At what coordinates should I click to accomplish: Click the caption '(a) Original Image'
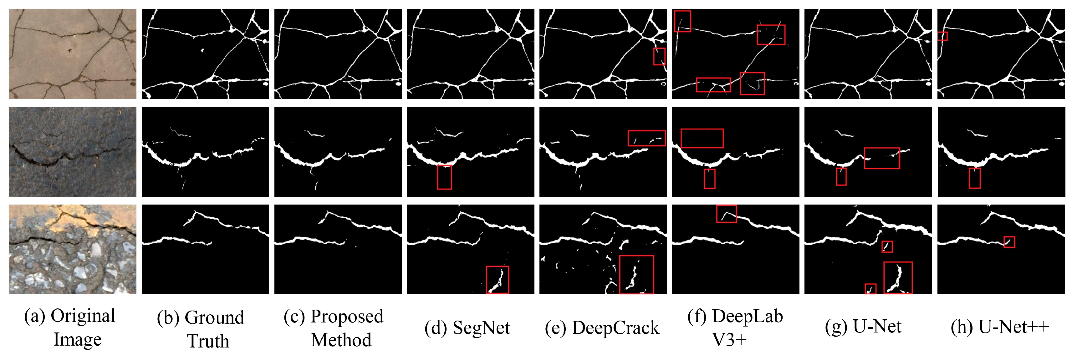70,327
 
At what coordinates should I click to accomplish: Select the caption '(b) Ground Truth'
201,329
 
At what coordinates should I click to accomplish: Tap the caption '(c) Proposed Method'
334,328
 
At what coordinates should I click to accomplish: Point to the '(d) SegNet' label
467,328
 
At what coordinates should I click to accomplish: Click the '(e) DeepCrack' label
602,328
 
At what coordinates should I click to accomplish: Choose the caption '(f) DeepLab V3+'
735,328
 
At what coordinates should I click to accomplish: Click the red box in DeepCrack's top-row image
659,56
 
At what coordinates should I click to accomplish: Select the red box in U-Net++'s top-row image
942,36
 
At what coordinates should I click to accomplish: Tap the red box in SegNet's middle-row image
444,177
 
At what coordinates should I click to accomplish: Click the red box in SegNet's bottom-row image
498,280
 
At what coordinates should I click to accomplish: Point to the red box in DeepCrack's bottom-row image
636,275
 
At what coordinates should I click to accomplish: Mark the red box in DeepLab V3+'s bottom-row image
727,214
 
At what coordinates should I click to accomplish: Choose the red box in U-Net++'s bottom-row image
1009,242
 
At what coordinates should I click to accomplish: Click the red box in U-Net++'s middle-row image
975,178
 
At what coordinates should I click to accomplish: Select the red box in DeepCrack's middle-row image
647,138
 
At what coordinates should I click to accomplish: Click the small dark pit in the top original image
70,51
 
